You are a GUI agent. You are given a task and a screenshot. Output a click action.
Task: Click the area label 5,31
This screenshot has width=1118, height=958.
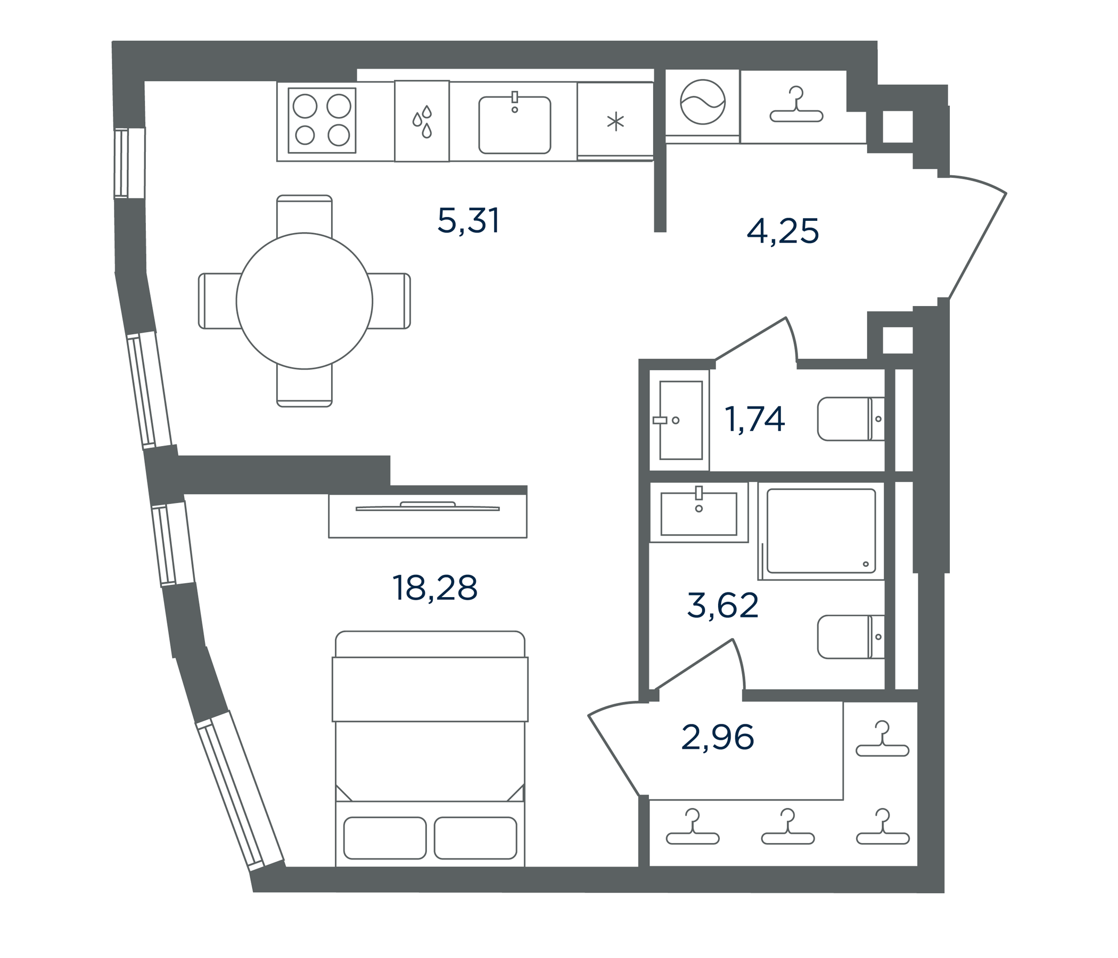click(468, 221)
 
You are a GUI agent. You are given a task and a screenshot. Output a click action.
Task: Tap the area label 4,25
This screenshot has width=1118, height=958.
click(783, 231)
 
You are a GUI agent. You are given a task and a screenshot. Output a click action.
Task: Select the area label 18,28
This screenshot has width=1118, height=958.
click(435, 588)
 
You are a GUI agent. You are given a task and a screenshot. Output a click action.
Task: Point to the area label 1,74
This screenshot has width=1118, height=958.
click(754, 420)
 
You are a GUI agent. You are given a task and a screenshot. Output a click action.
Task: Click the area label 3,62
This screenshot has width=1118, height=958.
click(723, 605)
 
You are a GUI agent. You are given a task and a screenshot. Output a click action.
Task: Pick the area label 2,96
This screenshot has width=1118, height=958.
click(718, 737)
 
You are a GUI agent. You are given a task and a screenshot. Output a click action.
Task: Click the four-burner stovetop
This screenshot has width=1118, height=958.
click(322, 120)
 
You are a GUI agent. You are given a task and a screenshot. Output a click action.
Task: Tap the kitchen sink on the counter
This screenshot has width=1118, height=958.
click(515, 124)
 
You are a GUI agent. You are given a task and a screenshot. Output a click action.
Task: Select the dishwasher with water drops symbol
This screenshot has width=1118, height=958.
click(422, 121)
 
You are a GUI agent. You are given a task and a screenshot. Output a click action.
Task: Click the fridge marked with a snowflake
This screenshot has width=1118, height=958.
click(615, 121)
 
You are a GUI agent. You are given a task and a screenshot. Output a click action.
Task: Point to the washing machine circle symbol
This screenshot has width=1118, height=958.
click(703, 102)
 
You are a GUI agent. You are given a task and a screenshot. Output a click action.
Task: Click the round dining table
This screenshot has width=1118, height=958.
click(305, 301)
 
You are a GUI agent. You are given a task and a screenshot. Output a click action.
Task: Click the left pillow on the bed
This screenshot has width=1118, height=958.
click(385, 838)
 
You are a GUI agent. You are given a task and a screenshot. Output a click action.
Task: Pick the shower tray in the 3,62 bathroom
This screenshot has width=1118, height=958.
click(821, 531)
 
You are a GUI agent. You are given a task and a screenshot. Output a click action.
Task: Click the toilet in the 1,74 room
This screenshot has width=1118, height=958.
click(851, 419)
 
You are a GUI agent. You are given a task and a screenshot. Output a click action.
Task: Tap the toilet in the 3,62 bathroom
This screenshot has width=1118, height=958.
click(851, 637)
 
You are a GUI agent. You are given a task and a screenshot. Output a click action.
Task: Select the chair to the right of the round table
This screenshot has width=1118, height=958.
click(389, 301)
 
